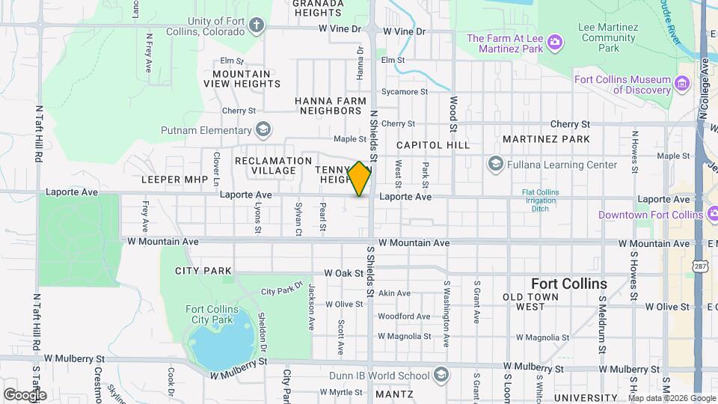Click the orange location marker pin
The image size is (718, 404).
point(359,179)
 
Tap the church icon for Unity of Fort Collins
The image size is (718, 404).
point(257,25)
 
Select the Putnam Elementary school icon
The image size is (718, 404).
point(262,130)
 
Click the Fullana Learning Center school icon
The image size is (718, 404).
point(495,165)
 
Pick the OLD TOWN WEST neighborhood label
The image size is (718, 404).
point(534,302)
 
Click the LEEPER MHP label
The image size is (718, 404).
point(173,180)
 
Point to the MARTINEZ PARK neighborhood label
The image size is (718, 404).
point(546,139)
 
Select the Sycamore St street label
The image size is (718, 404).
point(404,92)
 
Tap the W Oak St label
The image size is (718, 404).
point(343,274)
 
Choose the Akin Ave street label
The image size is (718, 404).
point(394,293)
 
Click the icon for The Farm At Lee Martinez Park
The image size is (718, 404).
point(554,39)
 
